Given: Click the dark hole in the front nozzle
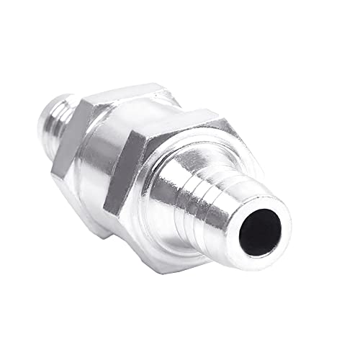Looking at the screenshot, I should point(261,233).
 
